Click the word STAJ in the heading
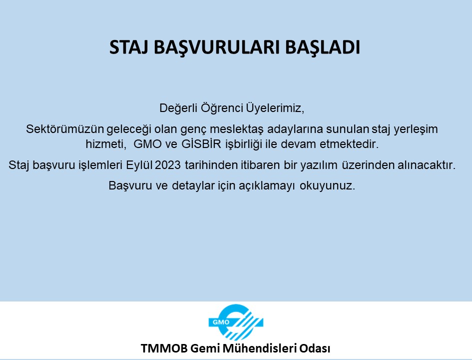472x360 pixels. click(x=128, y=47)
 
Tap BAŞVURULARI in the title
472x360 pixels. click(x=216, y=48)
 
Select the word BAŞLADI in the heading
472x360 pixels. click(x=322, y=48)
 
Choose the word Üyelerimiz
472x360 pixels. click(x=275, y=107)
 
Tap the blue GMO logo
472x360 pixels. click(x=236, y=322)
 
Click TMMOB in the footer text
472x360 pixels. click(x=164, y=348)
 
